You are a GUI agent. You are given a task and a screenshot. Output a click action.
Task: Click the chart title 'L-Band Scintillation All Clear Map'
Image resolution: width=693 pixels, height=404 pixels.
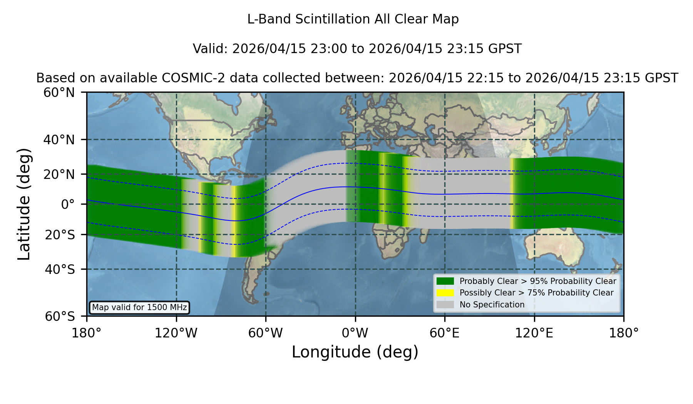[353, 19]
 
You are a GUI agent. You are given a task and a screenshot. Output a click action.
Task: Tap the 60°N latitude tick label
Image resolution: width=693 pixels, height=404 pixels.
[59, 93]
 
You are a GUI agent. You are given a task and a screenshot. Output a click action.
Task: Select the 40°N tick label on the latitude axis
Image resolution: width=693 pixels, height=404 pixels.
[59, 140]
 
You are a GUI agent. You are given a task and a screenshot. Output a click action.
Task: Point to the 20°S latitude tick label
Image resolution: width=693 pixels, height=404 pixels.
[60, 235]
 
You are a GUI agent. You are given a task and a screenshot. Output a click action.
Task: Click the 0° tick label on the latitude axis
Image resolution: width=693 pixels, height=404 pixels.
[68, 204]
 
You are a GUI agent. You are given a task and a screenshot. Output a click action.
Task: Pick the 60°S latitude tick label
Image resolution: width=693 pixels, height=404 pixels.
[60, 317]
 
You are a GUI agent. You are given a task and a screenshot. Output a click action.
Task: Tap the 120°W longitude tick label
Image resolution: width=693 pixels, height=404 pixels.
[176, 333]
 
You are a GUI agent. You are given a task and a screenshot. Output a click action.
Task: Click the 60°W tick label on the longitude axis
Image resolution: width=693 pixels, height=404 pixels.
[266, 333]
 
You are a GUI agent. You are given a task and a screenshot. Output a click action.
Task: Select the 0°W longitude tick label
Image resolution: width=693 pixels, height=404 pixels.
[355, 333]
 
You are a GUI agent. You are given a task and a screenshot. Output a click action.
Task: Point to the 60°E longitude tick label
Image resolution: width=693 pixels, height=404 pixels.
[445, 333]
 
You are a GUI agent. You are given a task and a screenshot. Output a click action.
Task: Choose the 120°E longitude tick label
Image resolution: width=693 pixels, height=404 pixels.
[534, 333]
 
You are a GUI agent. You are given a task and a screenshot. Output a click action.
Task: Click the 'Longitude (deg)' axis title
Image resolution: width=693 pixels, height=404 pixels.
[355, 352]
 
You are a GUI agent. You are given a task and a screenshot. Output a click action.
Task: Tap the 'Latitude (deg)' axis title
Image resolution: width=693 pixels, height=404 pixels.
[24, 204]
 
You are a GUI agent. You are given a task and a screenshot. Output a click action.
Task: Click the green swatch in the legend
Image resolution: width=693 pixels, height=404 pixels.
[445, 281]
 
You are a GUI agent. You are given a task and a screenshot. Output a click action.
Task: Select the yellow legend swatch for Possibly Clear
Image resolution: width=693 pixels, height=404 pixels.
[445, 293]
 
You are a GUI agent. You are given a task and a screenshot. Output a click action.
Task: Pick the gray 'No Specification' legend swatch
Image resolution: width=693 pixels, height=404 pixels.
[445, 305]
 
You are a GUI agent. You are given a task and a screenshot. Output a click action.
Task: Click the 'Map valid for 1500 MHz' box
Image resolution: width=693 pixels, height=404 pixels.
[139, 307]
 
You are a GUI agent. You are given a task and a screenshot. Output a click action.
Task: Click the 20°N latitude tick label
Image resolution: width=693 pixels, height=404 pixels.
[59, 174]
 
